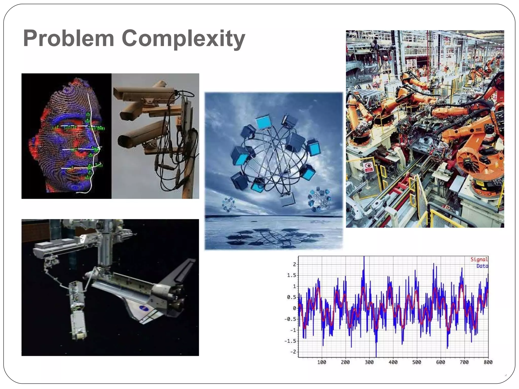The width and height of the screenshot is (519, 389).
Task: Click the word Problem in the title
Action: (x=68, y=38)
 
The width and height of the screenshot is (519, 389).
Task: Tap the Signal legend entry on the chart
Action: (x=479, y=259)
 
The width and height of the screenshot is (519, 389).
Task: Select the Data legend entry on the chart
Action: (x=482, y=266)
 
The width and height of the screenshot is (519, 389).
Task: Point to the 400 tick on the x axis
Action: (x=393, y=362)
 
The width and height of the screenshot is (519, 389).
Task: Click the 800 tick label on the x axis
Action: (x=488, y=362)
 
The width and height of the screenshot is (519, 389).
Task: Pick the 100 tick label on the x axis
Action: (x=322, y=362)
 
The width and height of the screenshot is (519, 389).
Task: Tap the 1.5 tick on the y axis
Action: (x=291, y=275)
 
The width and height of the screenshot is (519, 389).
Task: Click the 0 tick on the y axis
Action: (x=294, y=308)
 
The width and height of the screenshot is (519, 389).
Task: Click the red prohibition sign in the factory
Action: (x=369, y=167)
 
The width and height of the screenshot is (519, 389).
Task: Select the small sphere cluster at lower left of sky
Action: (x=229, y=204)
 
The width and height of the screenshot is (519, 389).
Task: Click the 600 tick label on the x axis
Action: (x=440, y=362)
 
